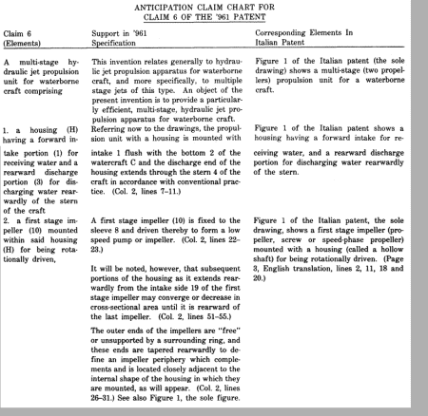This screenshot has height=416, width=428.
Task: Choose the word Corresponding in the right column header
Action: pos(286,32)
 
